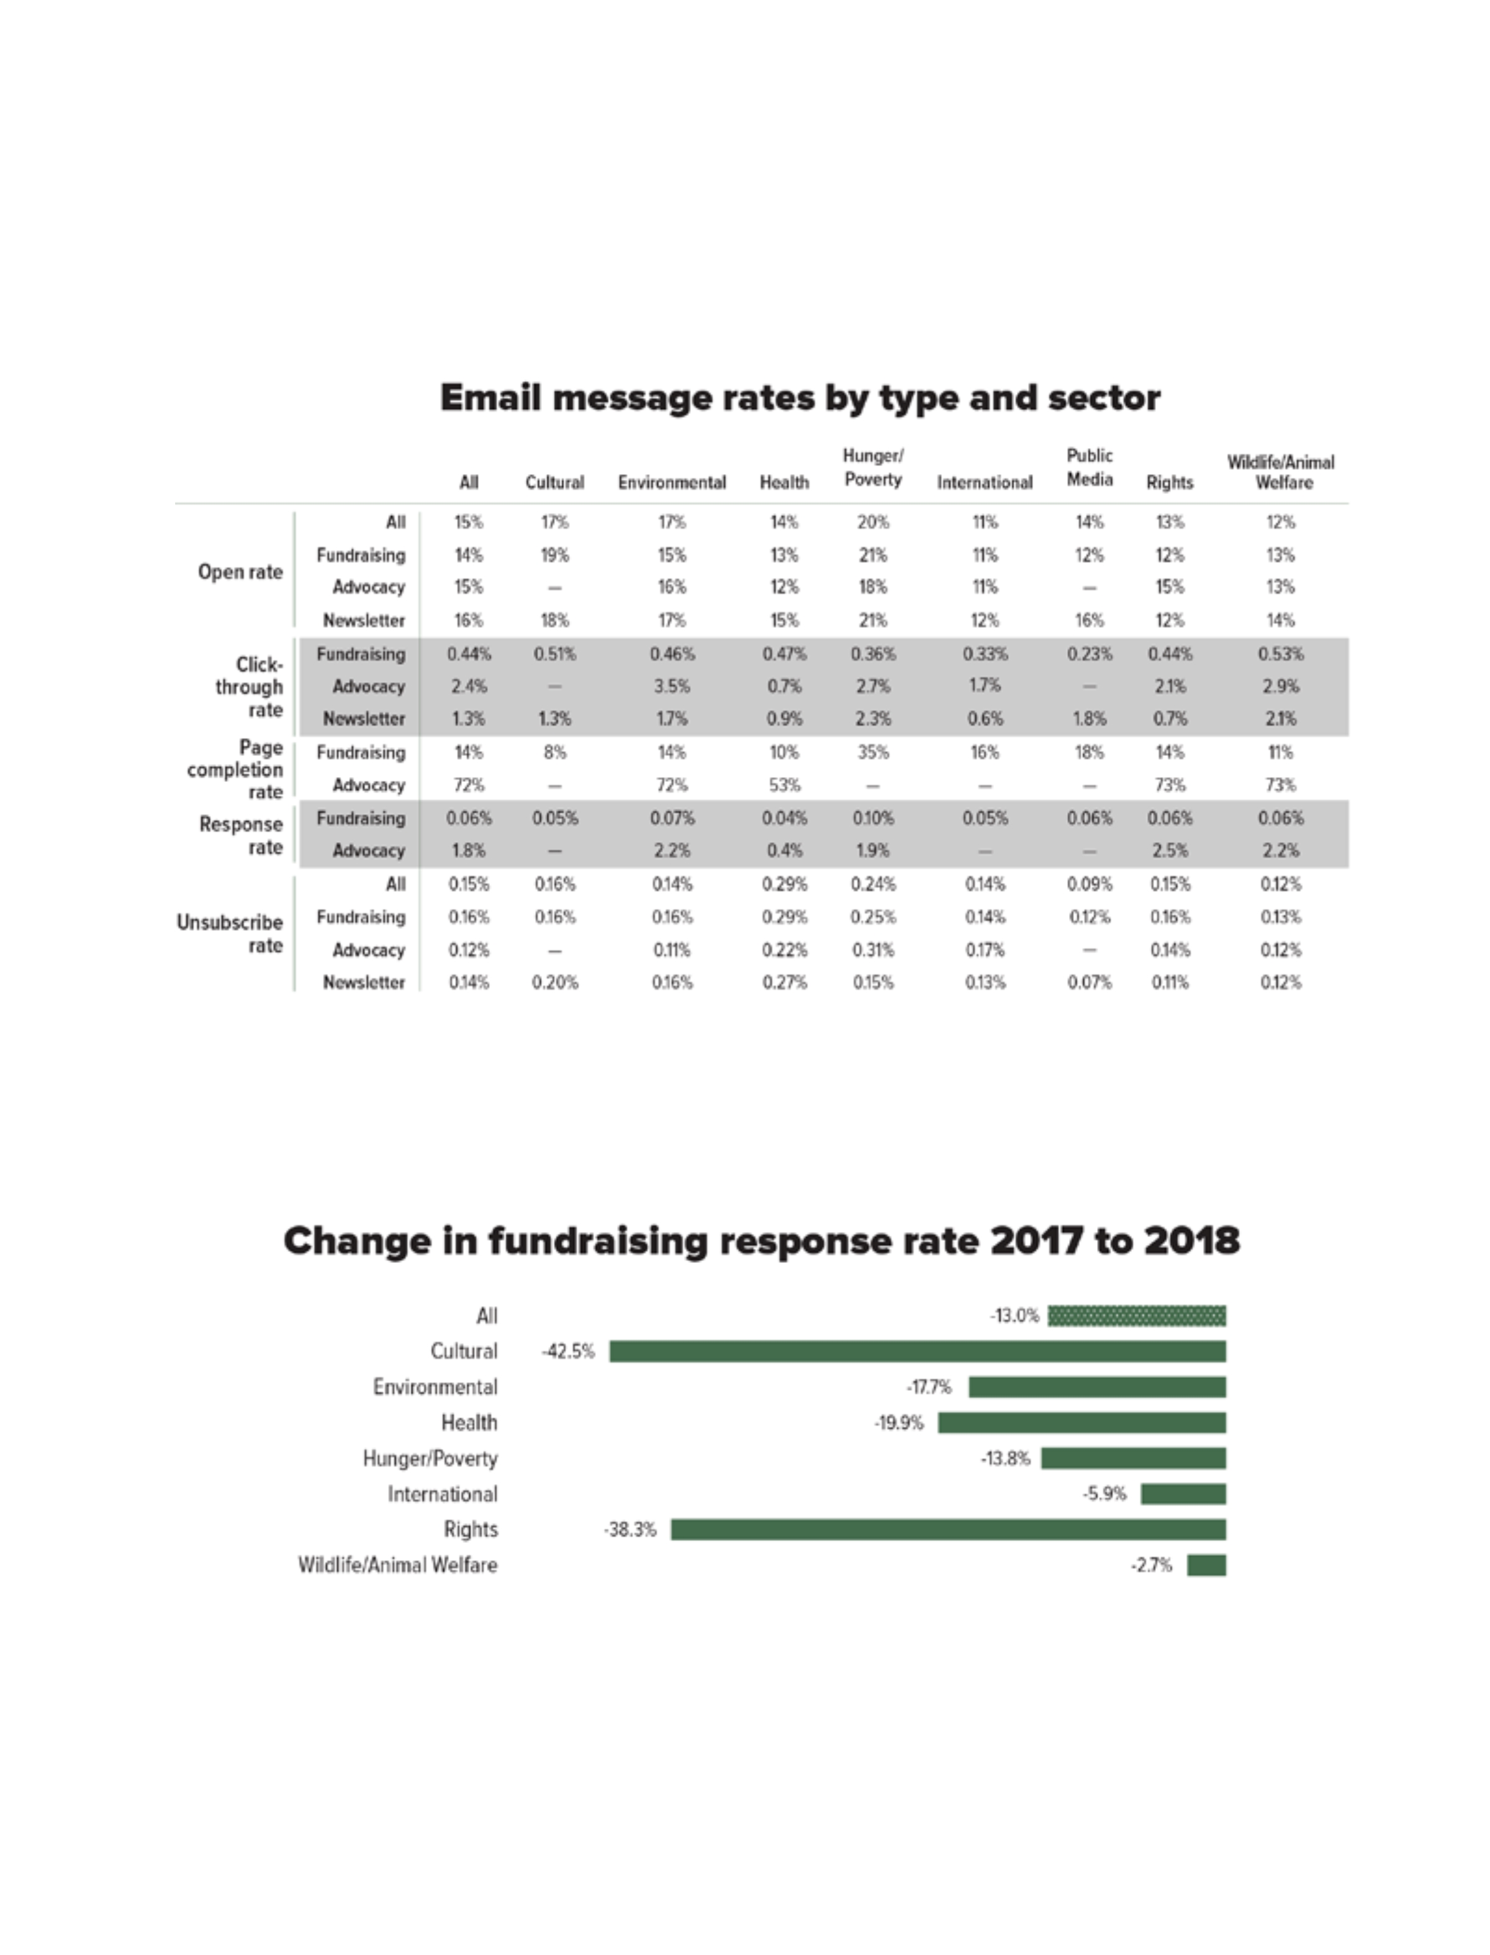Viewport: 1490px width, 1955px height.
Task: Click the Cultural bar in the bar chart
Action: point(917,1351)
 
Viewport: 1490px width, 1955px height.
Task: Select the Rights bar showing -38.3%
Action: point(947,1529)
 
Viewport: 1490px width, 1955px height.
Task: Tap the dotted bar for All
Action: point(1136,1316)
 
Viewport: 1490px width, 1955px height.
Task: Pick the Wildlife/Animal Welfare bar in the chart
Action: point(1206,1565)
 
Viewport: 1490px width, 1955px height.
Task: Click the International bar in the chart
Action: point(1183,1494)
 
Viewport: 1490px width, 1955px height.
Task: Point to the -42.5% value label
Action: point(567,1351)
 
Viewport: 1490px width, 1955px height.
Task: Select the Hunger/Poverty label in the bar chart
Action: point(430,1458)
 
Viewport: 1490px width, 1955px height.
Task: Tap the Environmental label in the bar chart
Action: point(435,1386)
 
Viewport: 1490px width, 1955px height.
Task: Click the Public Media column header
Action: point(1089,467)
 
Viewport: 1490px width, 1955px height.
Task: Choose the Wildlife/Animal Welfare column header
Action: point(1281,472)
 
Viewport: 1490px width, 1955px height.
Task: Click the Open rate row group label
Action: point(240,572)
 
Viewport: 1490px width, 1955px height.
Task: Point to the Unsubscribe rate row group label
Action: point(230,933)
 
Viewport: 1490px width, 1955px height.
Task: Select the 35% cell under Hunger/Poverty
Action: point(873,752)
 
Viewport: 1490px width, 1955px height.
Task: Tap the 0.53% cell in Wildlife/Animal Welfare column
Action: point(1281,654)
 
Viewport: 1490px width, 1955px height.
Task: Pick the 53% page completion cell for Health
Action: point(784,784)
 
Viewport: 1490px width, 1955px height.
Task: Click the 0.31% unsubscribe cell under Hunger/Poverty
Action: point(873,950)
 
